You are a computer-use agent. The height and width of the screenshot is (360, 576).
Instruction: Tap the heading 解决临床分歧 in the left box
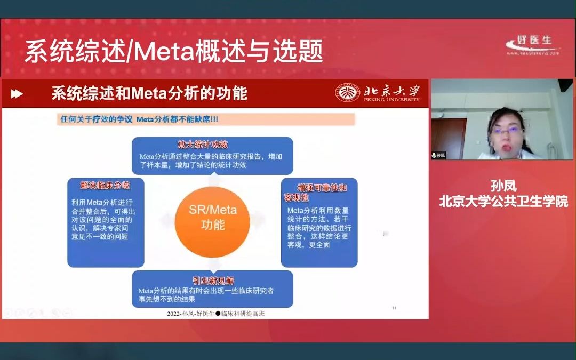(105, 185)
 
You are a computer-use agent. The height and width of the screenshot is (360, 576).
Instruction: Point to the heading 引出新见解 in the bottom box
(213, 281)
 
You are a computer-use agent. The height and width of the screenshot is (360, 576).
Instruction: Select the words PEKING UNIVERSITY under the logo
(391, 99)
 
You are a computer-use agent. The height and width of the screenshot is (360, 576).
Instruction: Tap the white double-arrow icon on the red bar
(17, 94)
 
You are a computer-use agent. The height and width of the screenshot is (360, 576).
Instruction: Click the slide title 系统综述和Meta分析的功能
(149, 93)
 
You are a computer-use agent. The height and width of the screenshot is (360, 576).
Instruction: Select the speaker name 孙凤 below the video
(503, 186)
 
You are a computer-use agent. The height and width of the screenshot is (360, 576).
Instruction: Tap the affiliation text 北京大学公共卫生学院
(503, 201)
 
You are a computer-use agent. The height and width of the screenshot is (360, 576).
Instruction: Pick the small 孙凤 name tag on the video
(438, 155)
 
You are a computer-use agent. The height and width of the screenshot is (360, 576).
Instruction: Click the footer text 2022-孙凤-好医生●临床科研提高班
(215, 314)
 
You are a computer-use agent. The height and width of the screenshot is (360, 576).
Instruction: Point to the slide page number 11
(394, 308)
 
